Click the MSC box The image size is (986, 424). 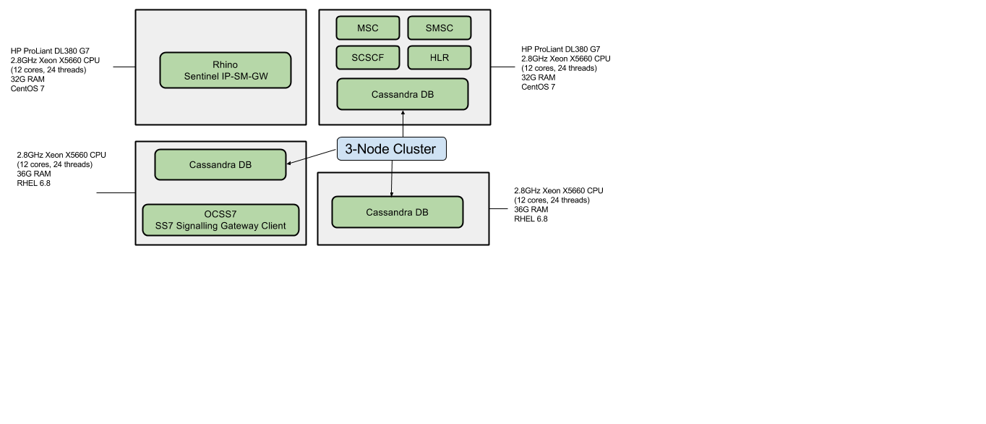(367, 28)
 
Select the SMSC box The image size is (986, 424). (439, 28)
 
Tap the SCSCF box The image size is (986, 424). (367, 58)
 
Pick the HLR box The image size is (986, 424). (439, 58)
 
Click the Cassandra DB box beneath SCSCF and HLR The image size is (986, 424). (402, 95)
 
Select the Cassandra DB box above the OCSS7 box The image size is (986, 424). (220, 165)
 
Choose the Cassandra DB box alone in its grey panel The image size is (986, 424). (397, 213)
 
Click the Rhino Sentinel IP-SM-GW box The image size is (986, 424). (225, 70)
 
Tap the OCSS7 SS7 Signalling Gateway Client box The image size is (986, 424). (220, 220)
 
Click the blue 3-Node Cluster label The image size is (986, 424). (391, 149)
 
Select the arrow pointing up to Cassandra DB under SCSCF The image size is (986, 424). (403, 118)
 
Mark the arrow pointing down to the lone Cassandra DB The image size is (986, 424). (392, 185)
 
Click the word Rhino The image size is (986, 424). (225, 65)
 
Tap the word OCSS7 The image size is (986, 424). (220, 214)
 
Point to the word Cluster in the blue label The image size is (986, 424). (414, 149)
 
